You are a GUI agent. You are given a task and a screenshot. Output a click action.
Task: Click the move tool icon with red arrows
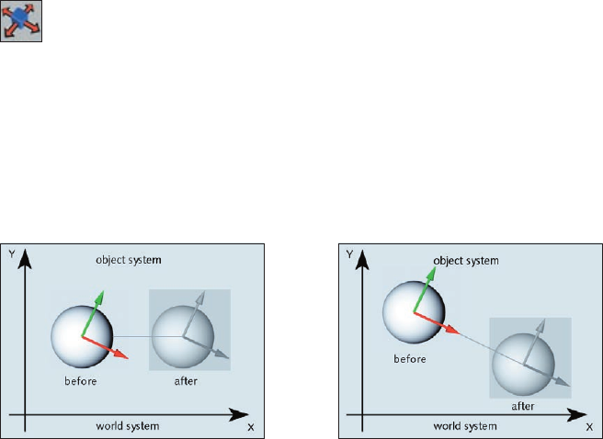pos(21,21)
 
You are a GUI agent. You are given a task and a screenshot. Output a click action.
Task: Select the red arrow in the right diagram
pos(440,322)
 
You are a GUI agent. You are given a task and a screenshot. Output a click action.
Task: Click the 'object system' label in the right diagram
pos(465,261)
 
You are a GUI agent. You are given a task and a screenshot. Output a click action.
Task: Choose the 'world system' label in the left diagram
pos(128,426)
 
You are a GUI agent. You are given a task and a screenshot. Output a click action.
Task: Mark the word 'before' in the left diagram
pos(81,380)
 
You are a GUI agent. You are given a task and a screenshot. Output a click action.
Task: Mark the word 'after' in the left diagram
pos(185,380)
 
